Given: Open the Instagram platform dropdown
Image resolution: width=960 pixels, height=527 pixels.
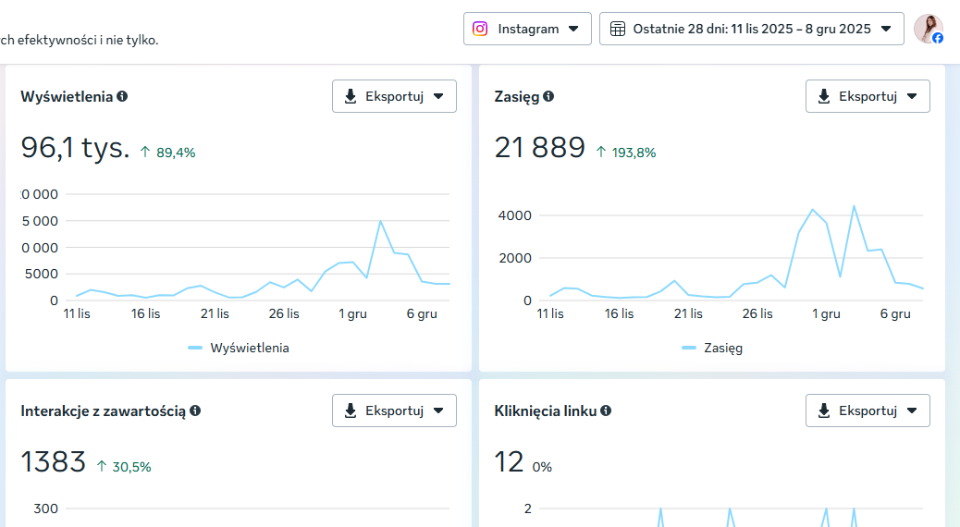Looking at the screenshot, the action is pyautogui.click(x=527, y=29).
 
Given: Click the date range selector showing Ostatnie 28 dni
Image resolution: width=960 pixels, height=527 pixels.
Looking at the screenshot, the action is pyautogui.click(x=751, y=29).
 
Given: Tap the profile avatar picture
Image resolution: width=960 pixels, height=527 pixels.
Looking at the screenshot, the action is pyautogui.click(x=929, y=29).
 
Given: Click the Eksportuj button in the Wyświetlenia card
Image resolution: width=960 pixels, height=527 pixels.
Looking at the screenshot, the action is pyautogui.click(x=394, y=96).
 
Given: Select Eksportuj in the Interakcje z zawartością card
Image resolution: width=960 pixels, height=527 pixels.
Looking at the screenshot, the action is pyautogui.click(x=394, y=411).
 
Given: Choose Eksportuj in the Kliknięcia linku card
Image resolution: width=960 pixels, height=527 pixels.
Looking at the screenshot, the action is pyautogui.click(x=868, y=411).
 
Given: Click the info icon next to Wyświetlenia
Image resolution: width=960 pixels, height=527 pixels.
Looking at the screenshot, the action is pyautogui.click(x=122, y=96).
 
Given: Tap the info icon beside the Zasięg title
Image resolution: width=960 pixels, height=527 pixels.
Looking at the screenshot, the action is pyautogui.click(x=548, y=96).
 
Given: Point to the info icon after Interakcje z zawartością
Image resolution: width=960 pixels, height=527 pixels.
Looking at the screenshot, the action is pyautogui.click(x=195, y=411).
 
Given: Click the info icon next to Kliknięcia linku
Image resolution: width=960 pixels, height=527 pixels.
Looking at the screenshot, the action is pyautogui.click(x=606, y=411).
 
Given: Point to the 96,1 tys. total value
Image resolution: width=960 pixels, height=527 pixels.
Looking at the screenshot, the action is pyautogui.click(x=75, y=148).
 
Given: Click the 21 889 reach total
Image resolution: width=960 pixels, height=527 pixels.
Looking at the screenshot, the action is pyautogui.click(x=540, y=148).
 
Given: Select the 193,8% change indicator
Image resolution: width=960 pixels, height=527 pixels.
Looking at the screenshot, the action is pyautogui.click(x=626, y=153).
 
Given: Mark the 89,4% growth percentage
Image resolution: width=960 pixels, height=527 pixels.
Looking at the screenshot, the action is pyautogui.click(x=167, y=153).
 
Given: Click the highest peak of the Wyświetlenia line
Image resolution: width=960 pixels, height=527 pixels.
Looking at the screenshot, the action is pyautogui.click(x=380, y=221).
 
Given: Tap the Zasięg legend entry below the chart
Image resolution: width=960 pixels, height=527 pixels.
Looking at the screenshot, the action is pyautogui.click(x=712, y=348).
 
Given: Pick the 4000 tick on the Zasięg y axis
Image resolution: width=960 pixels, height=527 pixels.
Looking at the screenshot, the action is pyautogui.click(x=515, y=215).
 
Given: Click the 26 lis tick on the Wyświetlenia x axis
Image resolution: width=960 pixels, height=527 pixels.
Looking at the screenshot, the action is pyautogui.click(x=284, y=313).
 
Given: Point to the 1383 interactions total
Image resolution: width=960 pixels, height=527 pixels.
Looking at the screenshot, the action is pyautogui.click(x=54, y=462).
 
